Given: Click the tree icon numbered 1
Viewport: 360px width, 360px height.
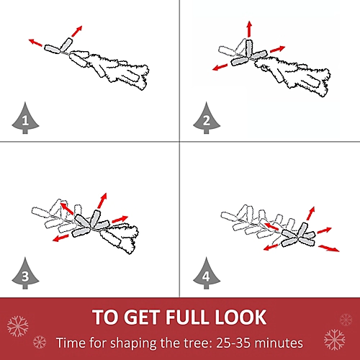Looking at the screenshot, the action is tap(25, 119).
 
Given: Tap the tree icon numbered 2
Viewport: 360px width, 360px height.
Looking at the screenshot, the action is tap(207, 119).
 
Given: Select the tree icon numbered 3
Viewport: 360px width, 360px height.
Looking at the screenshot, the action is tap(25, 274).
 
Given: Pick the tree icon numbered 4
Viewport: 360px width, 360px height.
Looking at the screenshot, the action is tap(207, 274).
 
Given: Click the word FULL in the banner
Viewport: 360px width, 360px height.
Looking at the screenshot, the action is tap(187, 317).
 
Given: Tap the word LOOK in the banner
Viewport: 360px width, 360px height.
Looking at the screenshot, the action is tap(240, 317).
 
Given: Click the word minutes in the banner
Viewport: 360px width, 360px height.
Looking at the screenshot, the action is tap(278, 343).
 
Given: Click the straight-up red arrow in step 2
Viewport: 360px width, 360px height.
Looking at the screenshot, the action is tap(250, 29).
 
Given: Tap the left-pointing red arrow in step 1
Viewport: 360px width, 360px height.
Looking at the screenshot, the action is tap(35, 42).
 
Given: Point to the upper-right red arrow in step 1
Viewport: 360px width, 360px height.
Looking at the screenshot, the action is tap(77, 31).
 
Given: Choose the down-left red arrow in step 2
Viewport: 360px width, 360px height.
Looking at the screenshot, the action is tap(220, 67).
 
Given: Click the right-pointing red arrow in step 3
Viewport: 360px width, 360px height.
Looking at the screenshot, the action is tap(120, 219).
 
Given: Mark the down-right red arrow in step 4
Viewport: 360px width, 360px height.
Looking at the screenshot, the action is tap(329, 248).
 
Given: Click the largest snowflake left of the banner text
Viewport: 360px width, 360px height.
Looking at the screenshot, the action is tap(17, 326).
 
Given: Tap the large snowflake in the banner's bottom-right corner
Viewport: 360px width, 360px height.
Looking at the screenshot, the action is tap(334, 340).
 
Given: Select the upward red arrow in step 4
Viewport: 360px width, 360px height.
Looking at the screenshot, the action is tap(310, 213).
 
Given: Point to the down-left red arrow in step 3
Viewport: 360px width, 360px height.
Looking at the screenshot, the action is tap(60, 238).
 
